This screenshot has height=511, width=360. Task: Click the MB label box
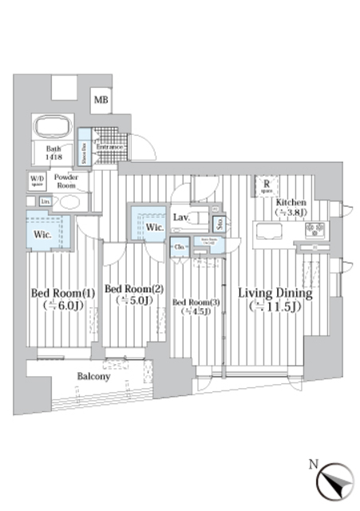[101, 100]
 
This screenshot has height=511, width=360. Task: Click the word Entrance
[109, 147]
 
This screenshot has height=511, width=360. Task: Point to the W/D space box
[38, 180]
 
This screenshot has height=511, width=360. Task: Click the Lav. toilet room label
[180, 216]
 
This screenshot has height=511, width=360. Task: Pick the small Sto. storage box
[220, 222]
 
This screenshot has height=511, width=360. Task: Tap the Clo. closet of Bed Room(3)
[180, 246]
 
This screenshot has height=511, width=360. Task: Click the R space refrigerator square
[266, 186]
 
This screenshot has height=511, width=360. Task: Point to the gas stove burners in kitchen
[314, 231]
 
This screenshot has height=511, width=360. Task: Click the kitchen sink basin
[267, 232]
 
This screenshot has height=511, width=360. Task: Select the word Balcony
[94, 376]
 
